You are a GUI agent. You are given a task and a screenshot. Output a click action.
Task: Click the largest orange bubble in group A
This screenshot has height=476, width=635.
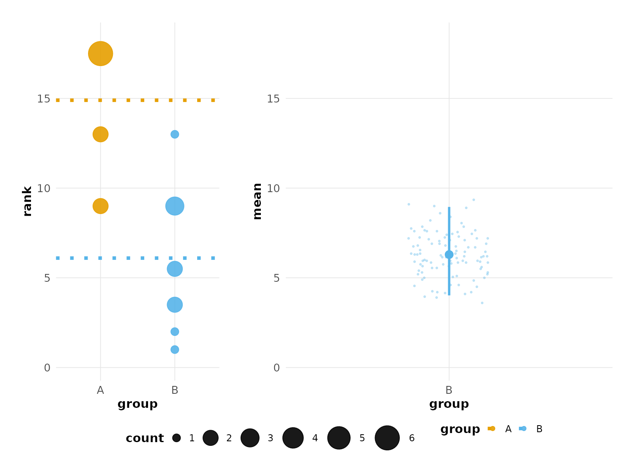(x=100, y=54)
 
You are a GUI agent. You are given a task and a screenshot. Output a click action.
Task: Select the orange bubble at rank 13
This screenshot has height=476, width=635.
(x=100, y=134)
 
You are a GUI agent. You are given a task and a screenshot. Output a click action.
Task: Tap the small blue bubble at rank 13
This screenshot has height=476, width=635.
(x=175, y=134)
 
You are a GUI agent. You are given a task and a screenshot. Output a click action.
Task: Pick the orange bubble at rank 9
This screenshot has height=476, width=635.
(x=100, y=206)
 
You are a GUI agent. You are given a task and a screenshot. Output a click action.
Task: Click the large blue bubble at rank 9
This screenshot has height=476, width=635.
(x=175, y=206)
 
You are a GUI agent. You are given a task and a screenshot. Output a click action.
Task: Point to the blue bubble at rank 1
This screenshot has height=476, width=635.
(x=175, y=350)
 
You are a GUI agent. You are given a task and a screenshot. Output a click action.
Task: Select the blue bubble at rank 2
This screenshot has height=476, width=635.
(x=175, y=331)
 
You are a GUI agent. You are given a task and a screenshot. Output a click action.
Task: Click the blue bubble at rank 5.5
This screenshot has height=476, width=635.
(x=175, y=269)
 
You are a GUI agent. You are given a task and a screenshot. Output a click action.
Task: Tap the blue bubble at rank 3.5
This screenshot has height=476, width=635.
(x=175, y=305)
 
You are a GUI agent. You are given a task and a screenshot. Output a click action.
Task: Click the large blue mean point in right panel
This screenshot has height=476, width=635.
(x=449, y=255)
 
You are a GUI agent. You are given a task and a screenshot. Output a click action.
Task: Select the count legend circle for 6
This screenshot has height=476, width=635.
(x=387, y=438)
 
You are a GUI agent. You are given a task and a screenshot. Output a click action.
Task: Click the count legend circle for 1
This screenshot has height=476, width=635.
(x=177, y=438)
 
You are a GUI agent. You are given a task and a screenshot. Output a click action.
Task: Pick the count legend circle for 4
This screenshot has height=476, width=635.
(x=293, y=438)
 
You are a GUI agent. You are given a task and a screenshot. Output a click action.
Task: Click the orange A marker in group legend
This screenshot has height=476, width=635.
(x=492, y=428)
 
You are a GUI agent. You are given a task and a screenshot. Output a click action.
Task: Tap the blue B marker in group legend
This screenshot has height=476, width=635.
(x=523, y=428)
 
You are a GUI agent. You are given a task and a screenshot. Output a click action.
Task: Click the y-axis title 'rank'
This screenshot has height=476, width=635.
(x=27, y=201)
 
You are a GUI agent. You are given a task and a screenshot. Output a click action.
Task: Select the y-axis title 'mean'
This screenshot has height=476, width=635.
(x=257, y=201)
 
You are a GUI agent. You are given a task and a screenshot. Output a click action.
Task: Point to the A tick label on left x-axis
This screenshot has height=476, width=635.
(x=100, y=390)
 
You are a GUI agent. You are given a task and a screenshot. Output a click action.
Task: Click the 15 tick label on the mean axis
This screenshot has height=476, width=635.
(x=273, y=99)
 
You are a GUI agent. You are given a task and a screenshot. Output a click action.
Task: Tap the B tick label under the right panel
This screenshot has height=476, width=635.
(x=449, y=390)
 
